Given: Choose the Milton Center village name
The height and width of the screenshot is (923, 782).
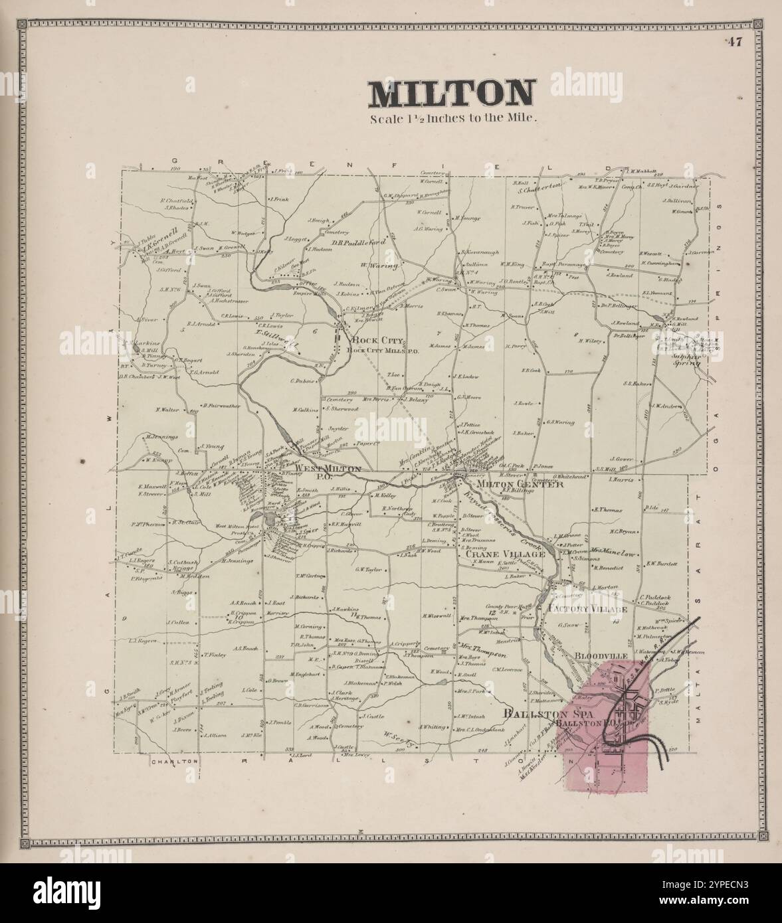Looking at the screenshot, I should (525, 484).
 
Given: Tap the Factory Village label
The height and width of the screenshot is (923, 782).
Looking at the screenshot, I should (587, 609).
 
